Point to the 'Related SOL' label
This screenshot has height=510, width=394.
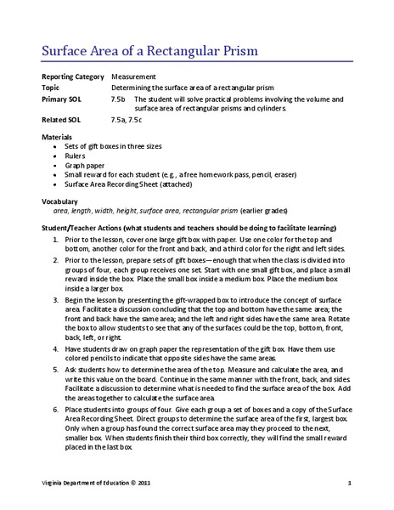(x=59, y=121)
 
